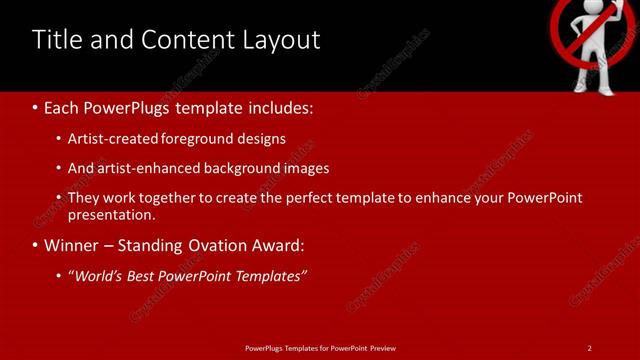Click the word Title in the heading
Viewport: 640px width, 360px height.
point(58,40)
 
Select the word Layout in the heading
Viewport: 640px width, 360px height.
point(282,40)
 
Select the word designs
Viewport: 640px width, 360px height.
point(260,139)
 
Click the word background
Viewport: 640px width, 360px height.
point(247,168)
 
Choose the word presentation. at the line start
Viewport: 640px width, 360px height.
point(112,214)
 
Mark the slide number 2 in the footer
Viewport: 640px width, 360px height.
point(590,348)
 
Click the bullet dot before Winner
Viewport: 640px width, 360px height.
point(36,246)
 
